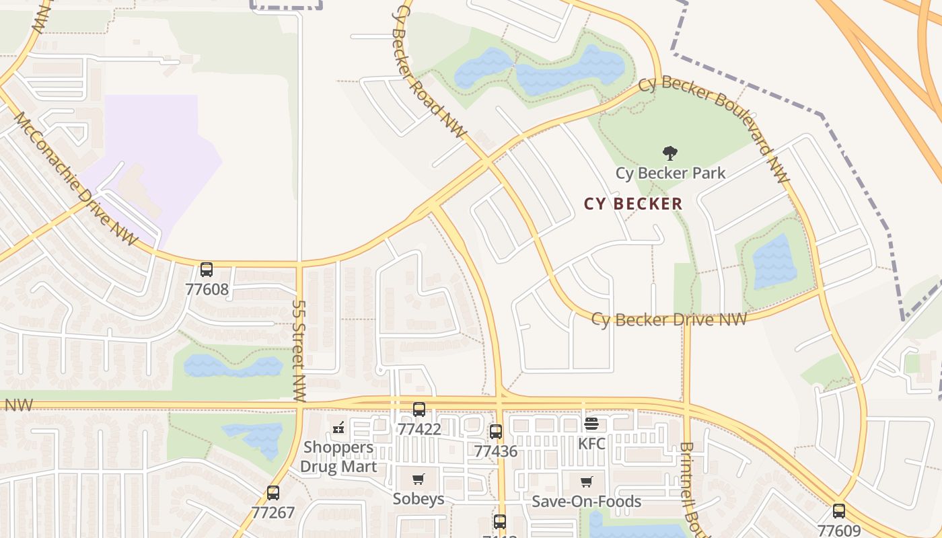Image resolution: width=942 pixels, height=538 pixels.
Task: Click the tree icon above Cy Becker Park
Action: click(x=669, y=153)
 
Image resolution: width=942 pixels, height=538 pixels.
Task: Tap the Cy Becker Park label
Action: click(x=670, y=173)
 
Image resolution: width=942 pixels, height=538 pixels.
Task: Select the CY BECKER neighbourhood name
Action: click(x=632, y=204)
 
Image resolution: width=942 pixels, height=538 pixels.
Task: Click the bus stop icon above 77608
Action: click(x=207, y=270)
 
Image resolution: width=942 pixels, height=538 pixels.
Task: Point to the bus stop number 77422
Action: click(x=419, y=429)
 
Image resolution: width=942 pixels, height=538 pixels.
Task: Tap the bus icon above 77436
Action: click(x=496, y=432)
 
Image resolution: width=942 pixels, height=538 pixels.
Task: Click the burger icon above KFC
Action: click(x=591, y=424)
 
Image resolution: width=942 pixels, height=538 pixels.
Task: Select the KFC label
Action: click(x=591, y=444)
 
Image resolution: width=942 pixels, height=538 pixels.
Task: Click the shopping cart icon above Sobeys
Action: click(x=419, y=479)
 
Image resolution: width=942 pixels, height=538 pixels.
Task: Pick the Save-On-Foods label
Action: click(x=586, y=502)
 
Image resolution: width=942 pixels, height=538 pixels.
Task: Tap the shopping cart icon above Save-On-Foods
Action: click(x=586, y=482)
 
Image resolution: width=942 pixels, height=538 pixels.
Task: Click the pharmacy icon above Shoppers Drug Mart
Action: click(x=338, y=427)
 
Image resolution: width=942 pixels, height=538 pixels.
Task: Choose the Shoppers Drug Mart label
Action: click(x=338, y=457)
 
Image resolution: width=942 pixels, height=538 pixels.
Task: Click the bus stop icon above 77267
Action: click(x=273, y=492)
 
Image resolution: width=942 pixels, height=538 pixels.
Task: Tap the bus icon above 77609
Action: click(x=838, y=510)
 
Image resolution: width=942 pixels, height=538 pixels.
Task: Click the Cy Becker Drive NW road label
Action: click(x=669, y=319)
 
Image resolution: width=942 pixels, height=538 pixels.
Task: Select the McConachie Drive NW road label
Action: click(x=75, y=178)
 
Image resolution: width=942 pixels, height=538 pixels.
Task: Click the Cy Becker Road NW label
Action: click(x=431, y=71)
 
